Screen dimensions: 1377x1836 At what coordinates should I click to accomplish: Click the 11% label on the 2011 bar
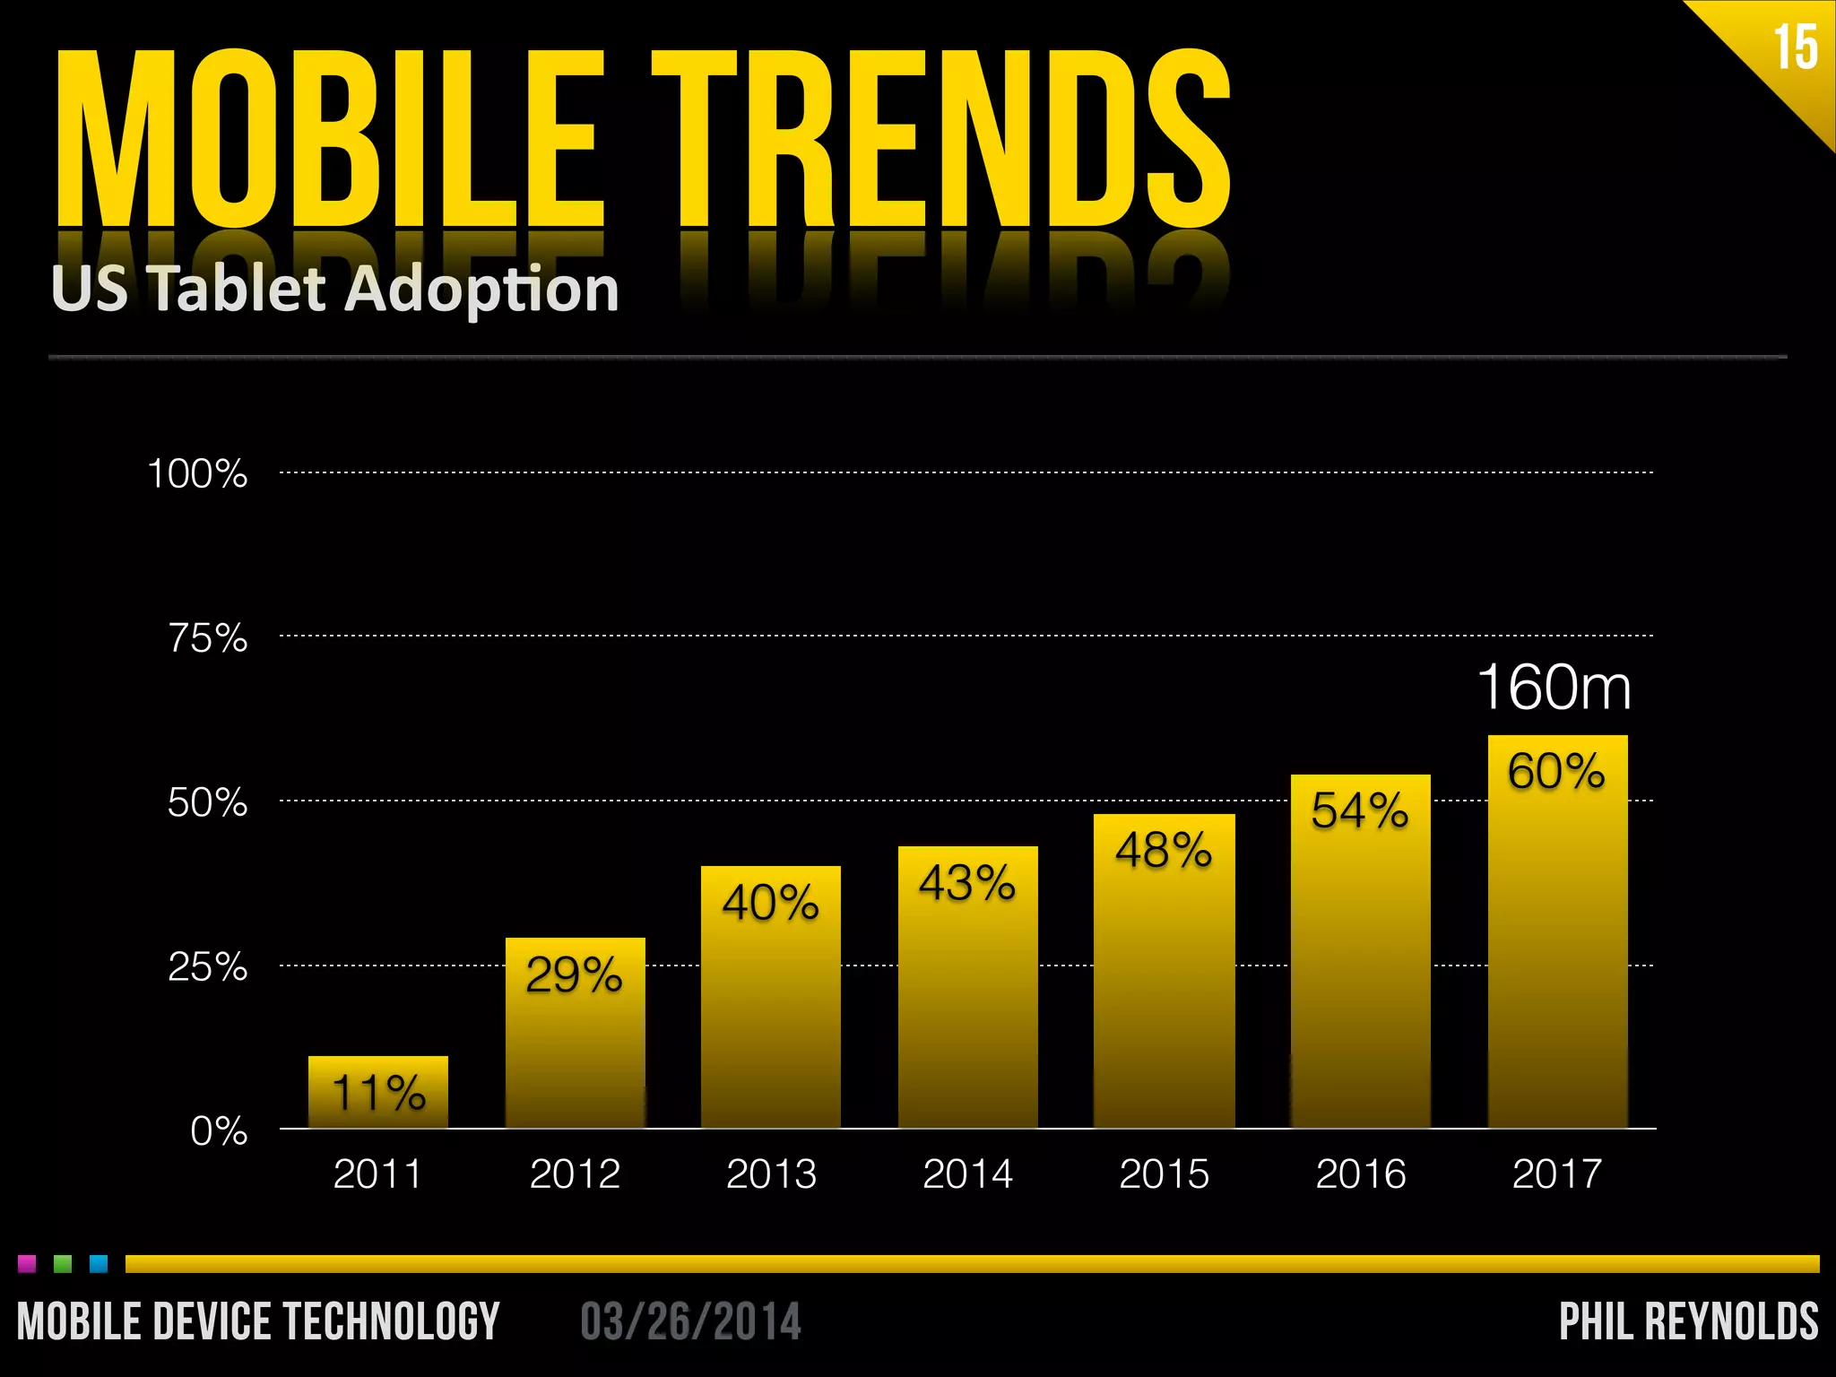(x=378, y=1093)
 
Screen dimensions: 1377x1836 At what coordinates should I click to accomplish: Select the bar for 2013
(x=771, y=1013)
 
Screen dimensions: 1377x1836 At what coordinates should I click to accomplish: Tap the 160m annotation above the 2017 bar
(x=1555, y=688)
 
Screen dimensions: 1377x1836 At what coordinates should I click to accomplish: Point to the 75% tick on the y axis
(x=208, y=638)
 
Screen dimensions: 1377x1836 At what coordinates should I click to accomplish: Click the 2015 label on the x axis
(x=1164, y=1173)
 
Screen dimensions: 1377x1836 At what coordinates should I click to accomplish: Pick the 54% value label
(x=1359, y=810)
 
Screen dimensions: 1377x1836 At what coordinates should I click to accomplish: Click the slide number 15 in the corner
(x=1796, y=48)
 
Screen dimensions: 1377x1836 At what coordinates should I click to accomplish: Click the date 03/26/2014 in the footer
(x=690, y=1321)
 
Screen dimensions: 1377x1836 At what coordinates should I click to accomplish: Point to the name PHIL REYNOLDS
(x=1689, y=1321)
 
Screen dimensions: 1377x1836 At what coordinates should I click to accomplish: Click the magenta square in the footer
(x=27, y=1264)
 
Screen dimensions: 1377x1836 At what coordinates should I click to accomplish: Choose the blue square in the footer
(x=99, y=1264)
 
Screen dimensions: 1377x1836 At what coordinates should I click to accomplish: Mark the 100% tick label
(x=197, y=473)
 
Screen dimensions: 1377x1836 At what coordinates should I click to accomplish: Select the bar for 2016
(x=1360, y=968)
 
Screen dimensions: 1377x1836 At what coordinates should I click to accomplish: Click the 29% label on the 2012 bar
(x=574, y=974)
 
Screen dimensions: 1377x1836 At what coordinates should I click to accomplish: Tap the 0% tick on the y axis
(x=219, y=1131)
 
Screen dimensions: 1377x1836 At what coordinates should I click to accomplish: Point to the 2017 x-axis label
(x=1556, y=1173)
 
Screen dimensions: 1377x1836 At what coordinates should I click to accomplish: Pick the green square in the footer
(x=63, y=1264)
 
